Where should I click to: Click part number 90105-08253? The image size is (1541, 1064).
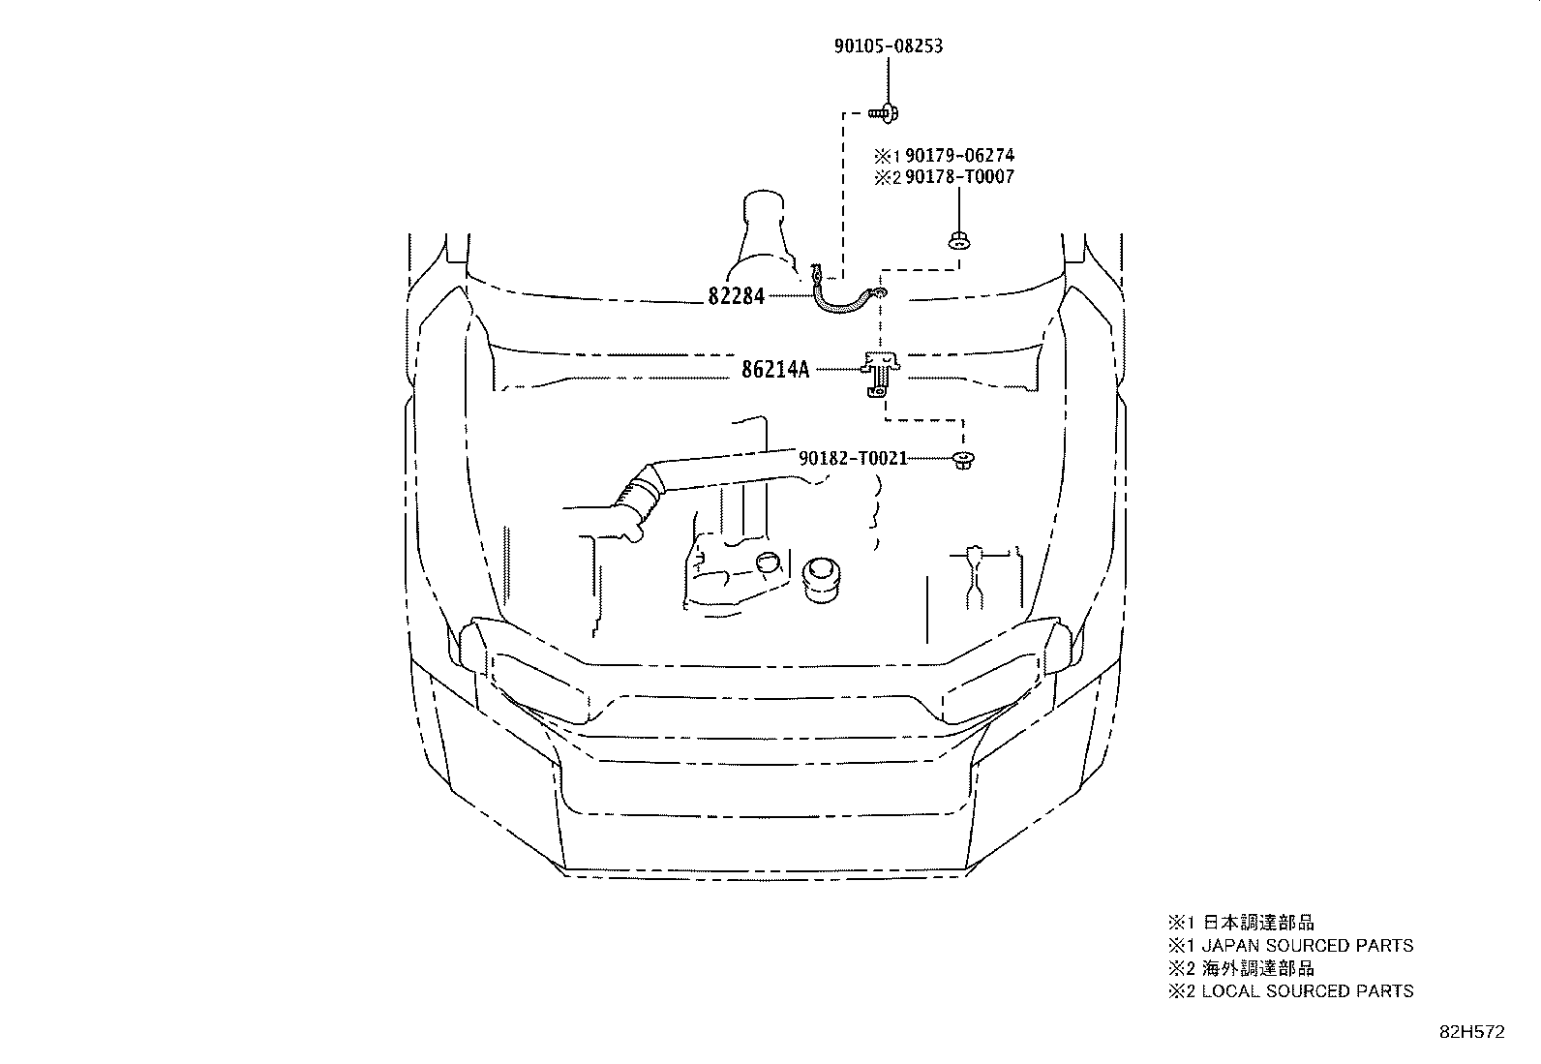click(x=889, y=46)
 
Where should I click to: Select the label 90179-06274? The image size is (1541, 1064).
click(x=959, y=156)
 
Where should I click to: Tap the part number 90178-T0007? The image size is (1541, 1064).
click(x=959, y=177)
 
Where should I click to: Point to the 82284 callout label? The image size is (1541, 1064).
click(x=736, y=296)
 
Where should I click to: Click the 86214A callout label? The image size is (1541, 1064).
click(x=775, y=370)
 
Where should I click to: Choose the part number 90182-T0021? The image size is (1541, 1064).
click(x=853, y=458)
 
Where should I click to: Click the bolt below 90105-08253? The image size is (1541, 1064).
click(x=884, y=113)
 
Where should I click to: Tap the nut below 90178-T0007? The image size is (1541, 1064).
click(x=959, y=241)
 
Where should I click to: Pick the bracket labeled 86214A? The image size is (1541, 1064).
click(x=881, y=374)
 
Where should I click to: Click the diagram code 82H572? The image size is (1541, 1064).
click(x=1472, y=1032)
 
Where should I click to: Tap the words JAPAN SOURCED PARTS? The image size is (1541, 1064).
click(x=1307, y=946)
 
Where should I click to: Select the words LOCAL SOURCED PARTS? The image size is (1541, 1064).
click(x=1307, y=991)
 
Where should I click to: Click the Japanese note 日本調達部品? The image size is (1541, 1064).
click(x=1258, y=923)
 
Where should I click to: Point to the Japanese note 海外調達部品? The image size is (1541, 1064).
click(x=1258, y=968)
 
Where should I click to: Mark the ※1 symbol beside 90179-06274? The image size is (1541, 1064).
click(x=888, y=156)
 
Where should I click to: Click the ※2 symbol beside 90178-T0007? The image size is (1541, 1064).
click(x=888, y=177)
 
